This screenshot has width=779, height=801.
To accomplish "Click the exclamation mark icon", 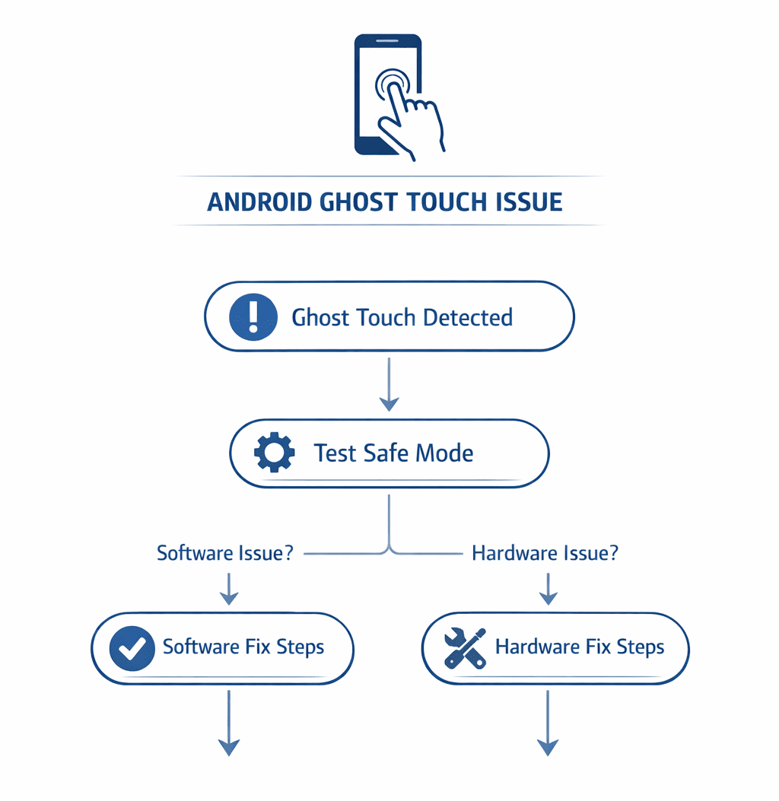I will pos(253,316).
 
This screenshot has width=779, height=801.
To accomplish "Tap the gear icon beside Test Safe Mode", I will pos(274,453).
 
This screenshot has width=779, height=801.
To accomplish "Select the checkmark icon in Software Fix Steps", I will pos(133,648).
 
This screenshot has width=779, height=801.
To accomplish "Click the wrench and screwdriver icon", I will pos(465,648).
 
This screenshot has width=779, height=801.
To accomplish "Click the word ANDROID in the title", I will pos(259,202).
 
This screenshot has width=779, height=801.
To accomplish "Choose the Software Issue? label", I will pos(225,553).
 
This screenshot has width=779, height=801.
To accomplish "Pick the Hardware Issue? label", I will pos(545,553).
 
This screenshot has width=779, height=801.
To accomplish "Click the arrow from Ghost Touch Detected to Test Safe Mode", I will pos(389,385).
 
